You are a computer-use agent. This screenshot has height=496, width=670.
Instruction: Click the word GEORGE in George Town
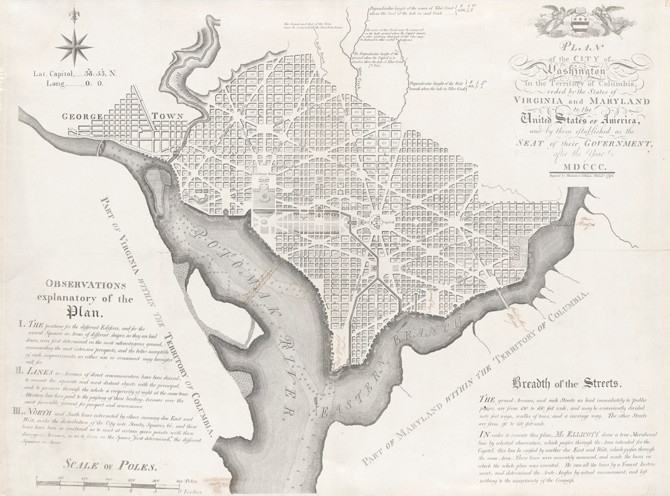(x=85, y=116)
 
